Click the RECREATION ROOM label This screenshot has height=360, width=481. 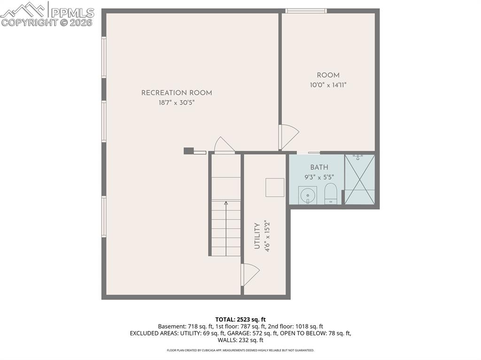pos(177,93)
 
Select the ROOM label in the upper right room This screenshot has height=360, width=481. pos(328,75)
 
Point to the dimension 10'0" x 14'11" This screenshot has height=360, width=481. pos(328,85)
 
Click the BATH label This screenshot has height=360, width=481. pos(319,168)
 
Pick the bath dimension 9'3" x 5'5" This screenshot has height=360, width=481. pos(319,177)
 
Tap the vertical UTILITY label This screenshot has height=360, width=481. pos(257,236)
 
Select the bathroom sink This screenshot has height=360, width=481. pos(308,195)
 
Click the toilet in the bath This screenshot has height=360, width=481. pos(331,193)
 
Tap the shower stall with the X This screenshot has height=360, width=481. pos(360,179)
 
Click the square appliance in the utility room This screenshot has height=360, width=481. pos(275,187)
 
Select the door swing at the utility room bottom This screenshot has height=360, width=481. pos(249,274)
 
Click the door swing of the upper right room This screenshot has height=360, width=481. pos(288,137)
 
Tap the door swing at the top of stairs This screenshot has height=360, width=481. pos(224,145)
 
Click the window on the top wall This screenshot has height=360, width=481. pos(306,11)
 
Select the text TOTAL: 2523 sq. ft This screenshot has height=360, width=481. pos(240,319)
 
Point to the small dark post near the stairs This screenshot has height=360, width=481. pos(188,151)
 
